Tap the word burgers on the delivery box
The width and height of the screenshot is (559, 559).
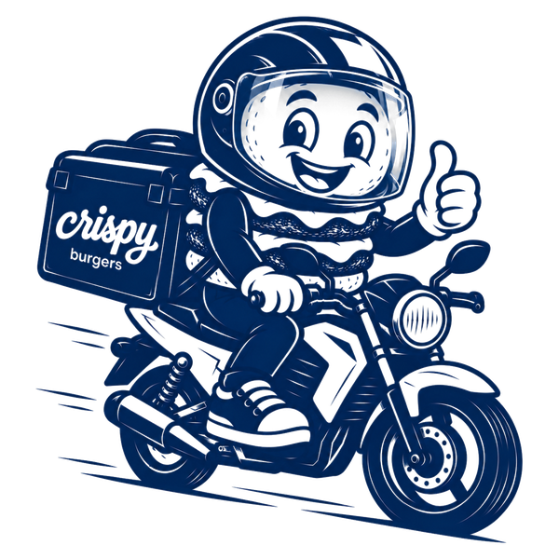[x=96, y=259]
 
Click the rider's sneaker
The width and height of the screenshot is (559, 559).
[x=256, y=413]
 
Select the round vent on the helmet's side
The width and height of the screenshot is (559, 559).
[x=224, y=96]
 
